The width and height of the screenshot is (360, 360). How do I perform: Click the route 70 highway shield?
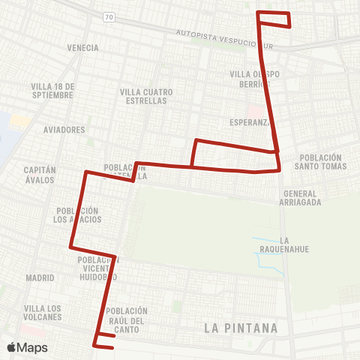click(x=109, y=16)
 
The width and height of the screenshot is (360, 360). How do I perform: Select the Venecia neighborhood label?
click(x=82, y=48)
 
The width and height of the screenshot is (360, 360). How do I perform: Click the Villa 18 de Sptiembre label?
click(x=52, y=91)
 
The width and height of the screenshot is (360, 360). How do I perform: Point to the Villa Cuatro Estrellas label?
click(x=146, y=97)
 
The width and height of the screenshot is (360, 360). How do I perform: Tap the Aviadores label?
click(x=64, y=130)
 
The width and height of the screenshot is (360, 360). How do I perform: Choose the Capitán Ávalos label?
click(x=40, y=174)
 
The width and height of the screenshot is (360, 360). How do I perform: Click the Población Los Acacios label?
click(x=77, y=215)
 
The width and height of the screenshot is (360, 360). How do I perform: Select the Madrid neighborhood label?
click(x=40, y=277)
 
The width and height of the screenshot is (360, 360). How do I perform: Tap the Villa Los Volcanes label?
click(x=43, y=313)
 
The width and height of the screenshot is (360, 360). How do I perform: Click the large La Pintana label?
click(x=241, y=328)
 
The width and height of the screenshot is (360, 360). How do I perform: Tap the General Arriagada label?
click(x=300, y=197)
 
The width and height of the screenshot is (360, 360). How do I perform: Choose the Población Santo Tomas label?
click(x=322, y=162)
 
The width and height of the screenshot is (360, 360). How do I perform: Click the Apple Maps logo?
click(x=27, y=347)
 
